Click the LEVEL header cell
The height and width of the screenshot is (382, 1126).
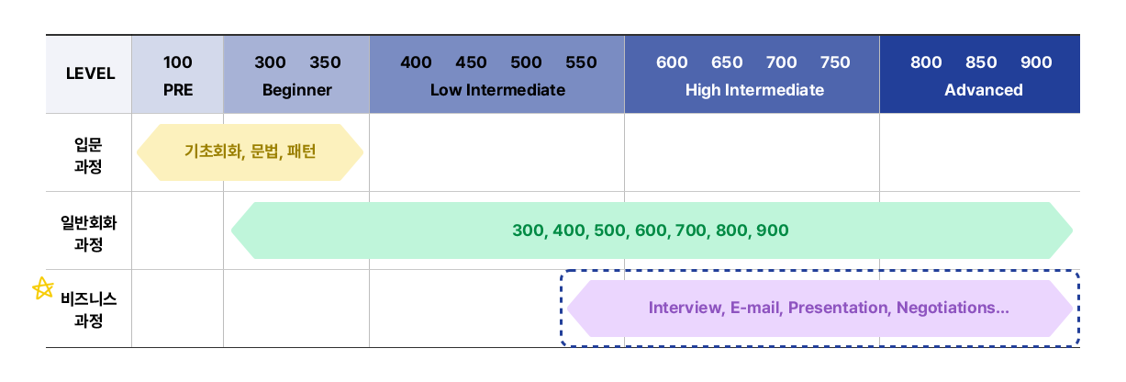pos(89,74)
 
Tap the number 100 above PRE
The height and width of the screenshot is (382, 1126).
pos(177,62)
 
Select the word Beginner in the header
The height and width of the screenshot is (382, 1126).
pos(297,90)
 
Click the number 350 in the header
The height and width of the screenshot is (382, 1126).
pos(325,62)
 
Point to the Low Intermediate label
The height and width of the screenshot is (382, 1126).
pos(497,90)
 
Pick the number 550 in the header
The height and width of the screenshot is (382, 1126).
pos(581,62)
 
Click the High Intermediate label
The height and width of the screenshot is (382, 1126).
pos(754,90)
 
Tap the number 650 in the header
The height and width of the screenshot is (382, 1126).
pos(727,62)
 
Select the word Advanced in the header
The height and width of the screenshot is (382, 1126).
pos(983,90)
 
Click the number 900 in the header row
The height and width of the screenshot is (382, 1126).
pos(1036,62)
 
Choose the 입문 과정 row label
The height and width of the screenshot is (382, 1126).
pos(88,155)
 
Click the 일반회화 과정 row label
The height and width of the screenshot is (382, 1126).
pos(88,233)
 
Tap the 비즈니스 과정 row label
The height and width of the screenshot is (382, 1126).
pos(88,309)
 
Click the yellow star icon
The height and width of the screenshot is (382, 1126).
pos(43,288)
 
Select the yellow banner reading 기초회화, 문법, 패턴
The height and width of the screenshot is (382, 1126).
pos(250,152)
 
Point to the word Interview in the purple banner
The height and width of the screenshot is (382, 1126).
pos(686,308)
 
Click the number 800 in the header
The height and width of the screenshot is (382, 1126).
pos(926,62)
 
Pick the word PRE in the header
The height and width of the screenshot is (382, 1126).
pos(178,90)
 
